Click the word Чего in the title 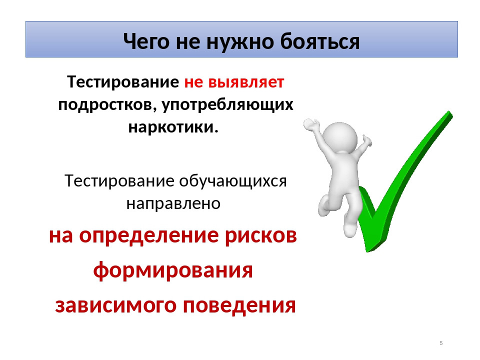coord(146,41)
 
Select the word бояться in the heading coord(320,41)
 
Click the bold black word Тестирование coord(123,82)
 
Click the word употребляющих coord(227,105)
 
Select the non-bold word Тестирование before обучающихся coord(119,181)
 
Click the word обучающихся coord(233,181)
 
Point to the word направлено coord(173,203)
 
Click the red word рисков coord(261,236)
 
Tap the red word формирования coord(173,271)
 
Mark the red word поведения coord(239,305)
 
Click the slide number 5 coord(441,343)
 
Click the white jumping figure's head coord(340,137)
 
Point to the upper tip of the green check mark coord(449,112)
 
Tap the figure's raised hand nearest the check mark coord(366,141)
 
